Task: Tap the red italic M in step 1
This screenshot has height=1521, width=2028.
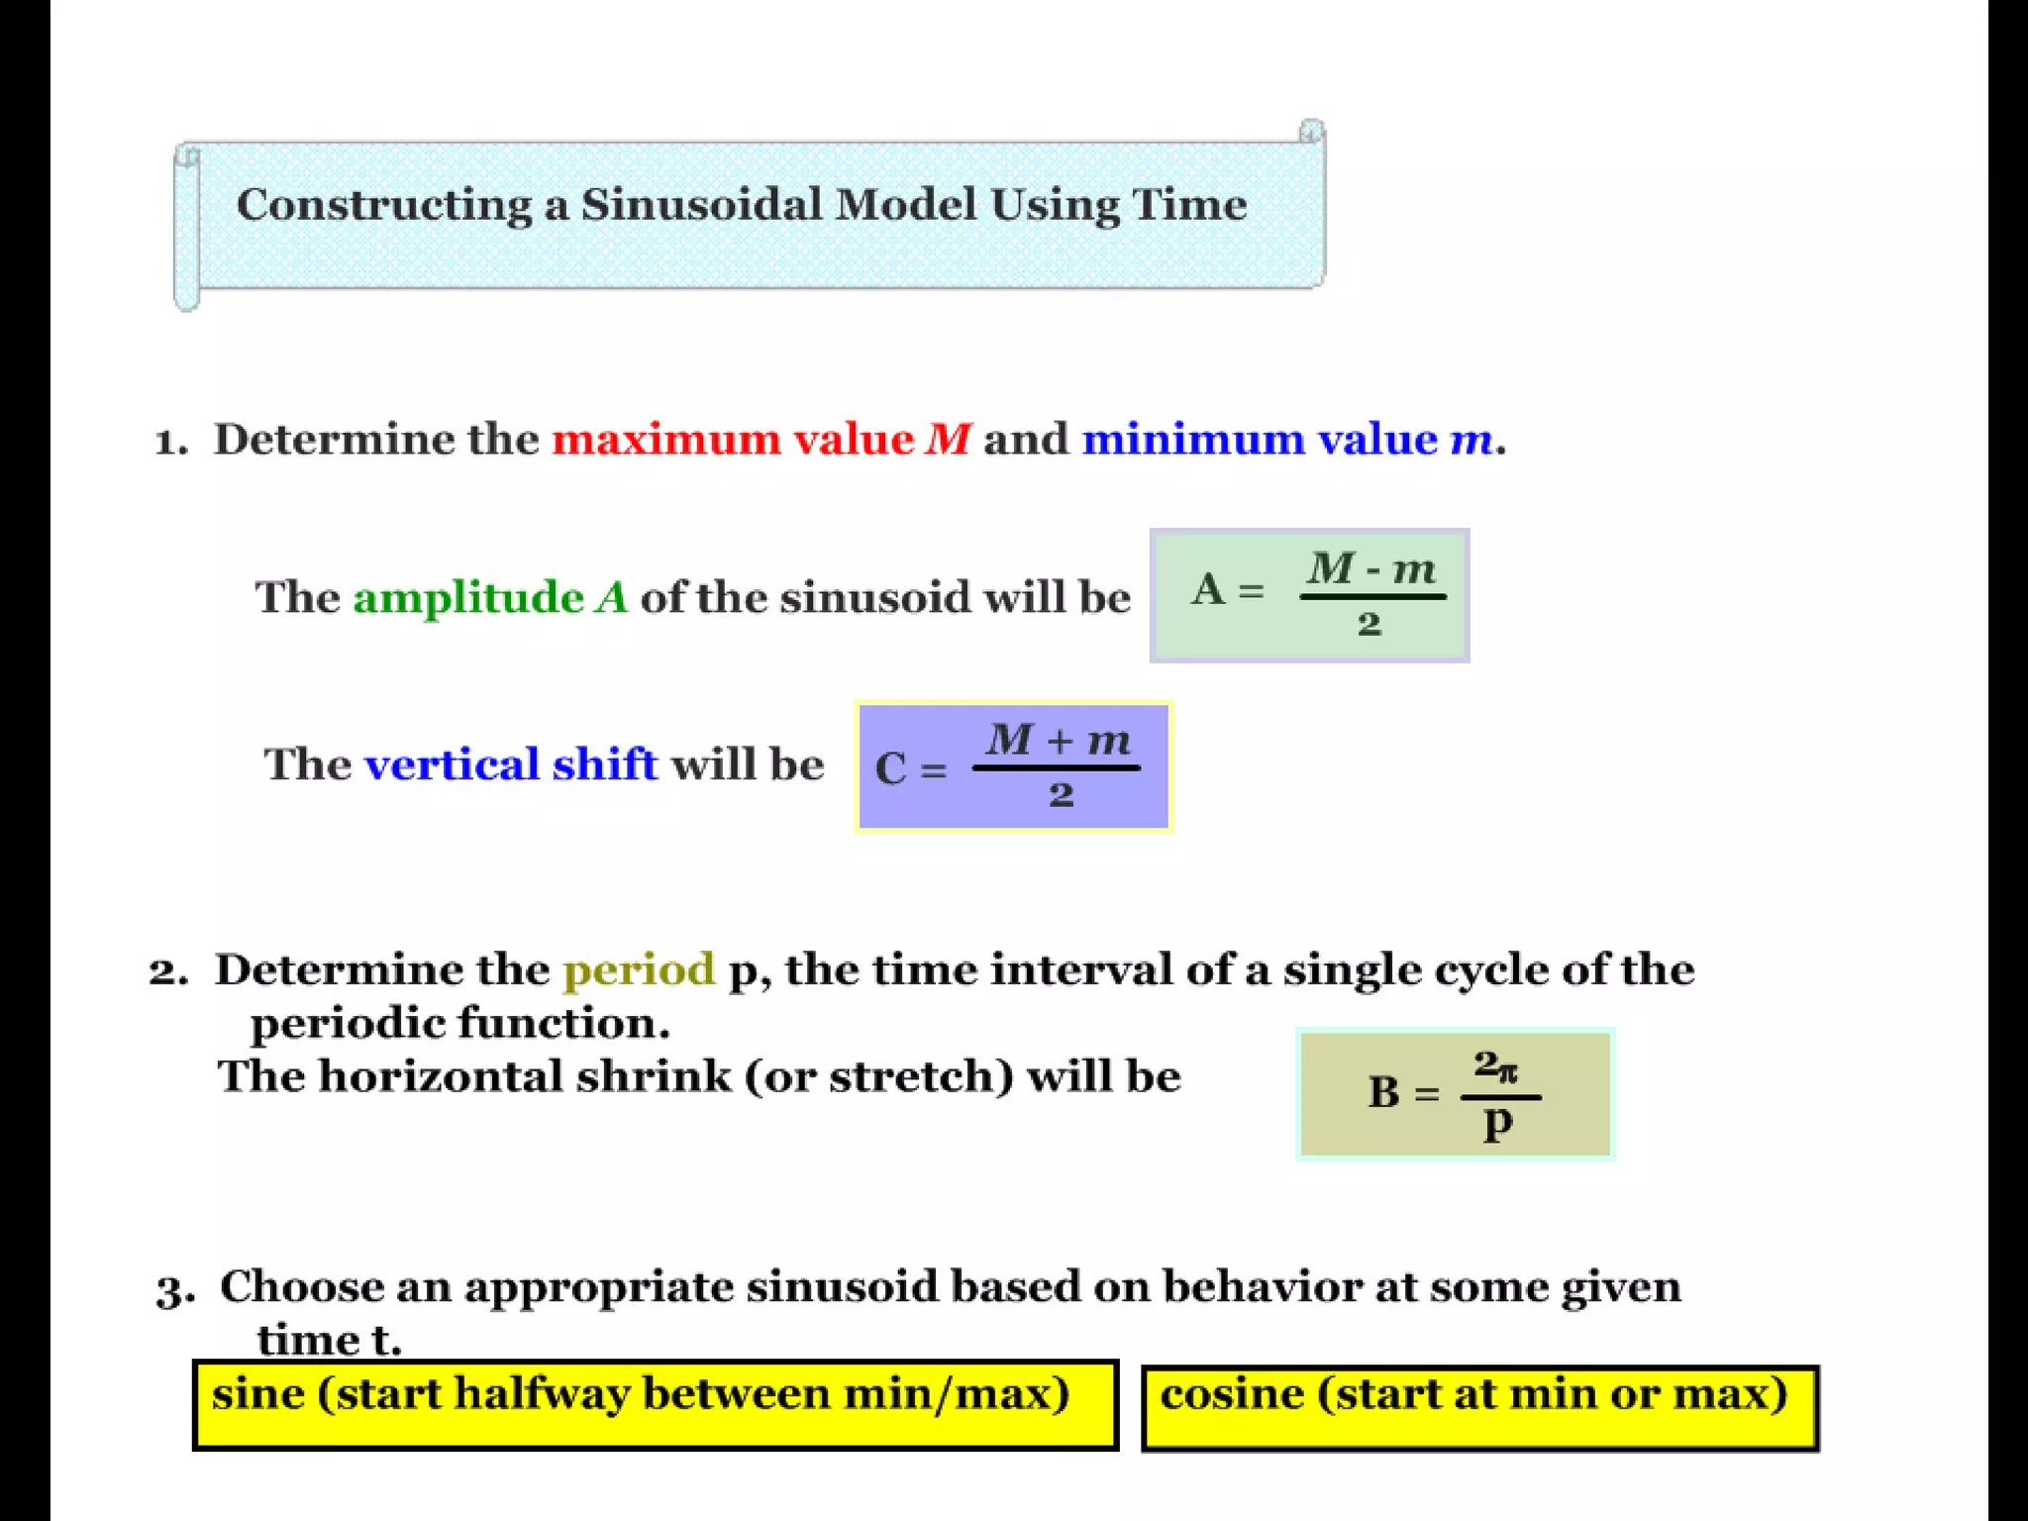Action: pos(948,439)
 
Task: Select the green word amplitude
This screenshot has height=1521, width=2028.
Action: pos(468,597)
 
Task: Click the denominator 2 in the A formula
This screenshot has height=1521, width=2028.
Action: pos(1369,624)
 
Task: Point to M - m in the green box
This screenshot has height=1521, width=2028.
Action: pos(1371,569)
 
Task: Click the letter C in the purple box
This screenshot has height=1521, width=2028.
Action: pos(890,768)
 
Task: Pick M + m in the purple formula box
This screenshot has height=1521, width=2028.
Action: pos(1058,740)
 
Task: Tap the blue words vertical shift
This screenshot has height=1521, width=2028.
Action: pos(511,764)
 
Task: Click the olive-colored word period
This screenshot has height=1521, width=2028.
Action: pos(639,969)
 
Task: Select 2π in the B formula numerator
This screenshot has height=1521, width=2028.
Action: pos(1495,1066)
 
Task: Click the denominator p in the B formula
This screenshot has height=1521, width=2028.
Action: pos(1498,1124)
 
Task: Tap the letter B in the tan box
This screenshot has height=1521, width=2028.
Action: pos(1383,1093)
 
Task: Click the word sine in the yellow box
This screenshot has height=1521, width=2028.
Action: pos(258,1393)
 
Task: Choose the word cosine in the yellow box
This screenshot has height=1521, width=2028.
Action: pos(1232,1393)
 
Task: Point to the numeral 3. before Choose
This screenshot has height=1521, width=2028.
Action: pos(174,1290)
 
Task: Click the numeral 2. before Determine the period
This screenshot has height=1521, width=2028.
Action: pos(168,971)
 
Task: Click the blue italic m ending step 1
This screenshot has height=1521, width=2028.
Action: pos(1470,439)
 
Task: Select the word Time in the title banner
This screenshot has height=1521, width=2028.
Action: pos(1189,205)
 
